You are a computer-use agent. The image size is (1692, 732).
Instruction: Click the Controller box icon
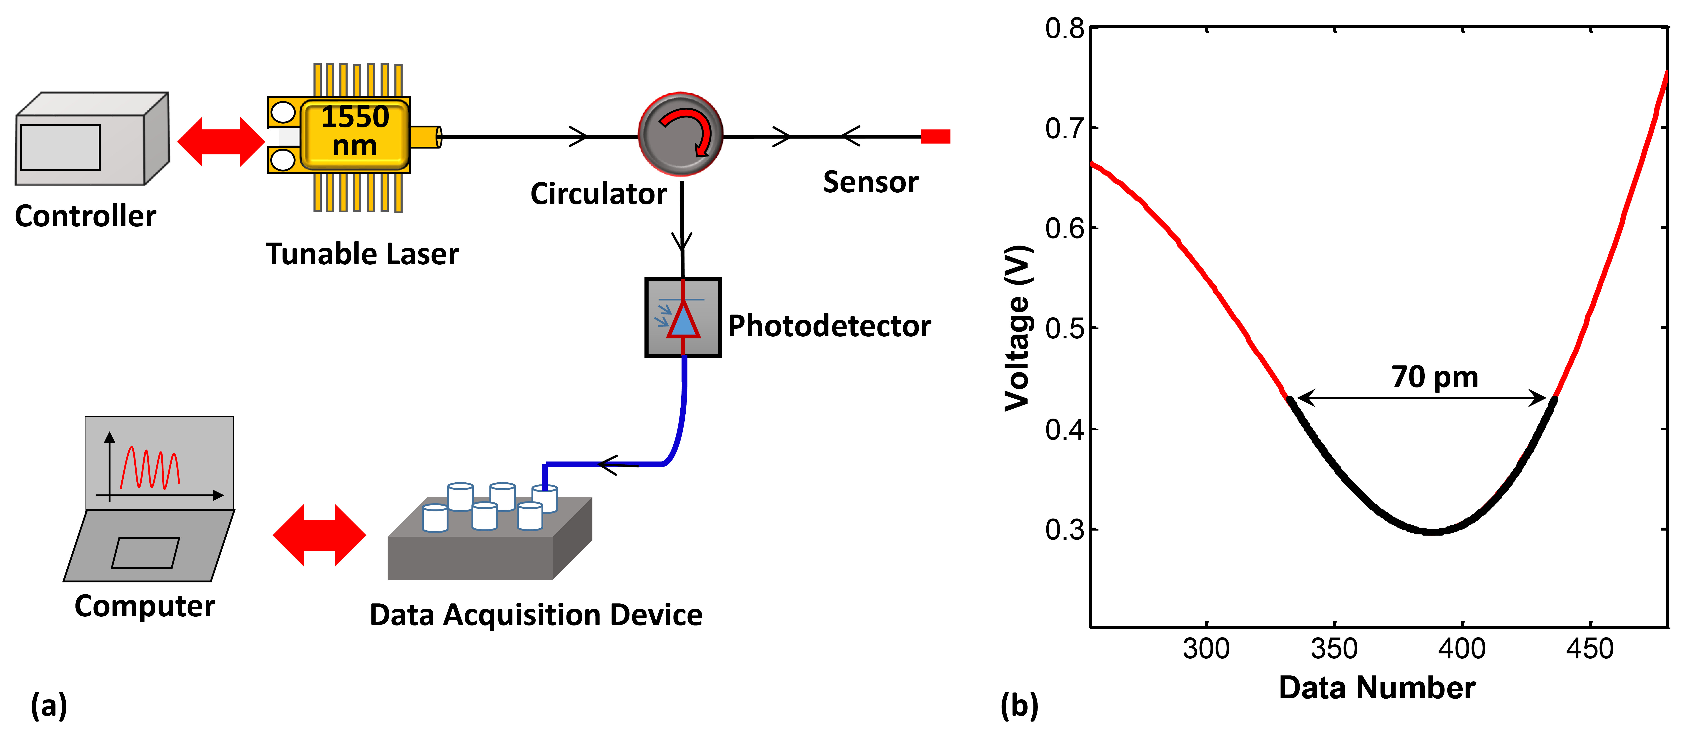coord(92,139)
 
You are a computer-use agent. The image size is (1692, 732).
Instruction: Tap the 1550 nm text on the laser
coord(355,131)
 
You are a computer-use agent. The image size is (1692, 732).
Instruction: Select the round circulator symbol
coord(680,134)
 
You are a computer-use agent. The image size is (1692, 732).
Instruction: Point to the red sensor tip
coord(935,136)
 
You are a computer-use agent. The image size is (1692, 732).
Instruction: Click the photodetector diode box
coord(683,318)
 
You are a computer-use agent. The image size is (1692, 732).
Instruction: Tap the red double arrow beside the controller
coord(221,142)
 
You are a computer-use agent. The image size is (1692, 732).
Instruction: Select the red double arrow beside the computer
coord(319,535)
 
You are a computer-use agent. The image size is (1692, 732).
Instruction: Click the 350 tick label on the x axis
coord(1334,649)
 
